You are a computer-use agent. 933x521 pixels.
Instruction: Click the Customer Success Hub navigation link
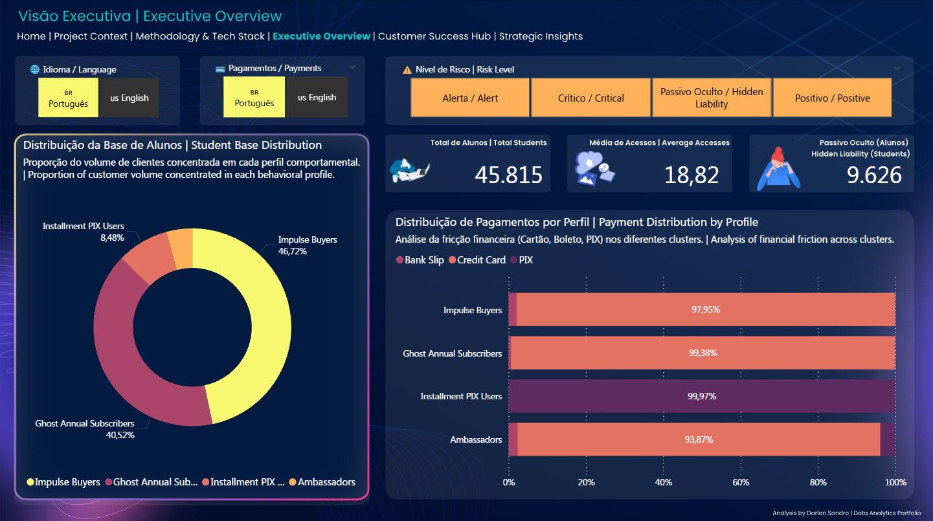pyautogui.click(x=434, y=36)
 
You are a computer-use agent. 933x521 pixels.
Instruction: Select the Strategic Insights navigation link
pyautogui.click(x=541, y=36)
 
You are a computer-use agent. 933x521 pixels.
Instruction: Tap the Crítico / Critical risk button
pyautogui.click(x=590, y=98)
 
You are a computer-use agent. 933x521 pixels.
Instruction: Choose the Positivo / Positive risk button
pyautogui.click(x=832, y=98)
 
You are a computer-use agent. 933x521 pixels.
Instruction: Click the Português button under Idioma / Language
pyautogui.click(x=68, y=98)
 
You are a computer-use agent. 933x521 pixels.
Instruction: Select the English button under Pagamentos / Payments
pyautogui.click(x=317, y=97)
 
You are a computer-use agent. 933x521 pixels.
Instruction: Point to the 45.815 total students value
pyautogui.click(x=508, y=175)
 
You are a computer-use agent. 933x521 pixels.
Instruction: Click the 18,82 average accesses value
pyautogui.click(x=691, y=175)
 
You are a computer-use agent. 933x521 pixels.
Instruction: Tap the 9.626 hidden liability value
pyautogui.click(x=874, y=175)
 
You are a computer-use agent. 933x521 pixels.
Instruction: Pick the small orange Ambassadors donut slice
pyautogui.click(x=181, y=249)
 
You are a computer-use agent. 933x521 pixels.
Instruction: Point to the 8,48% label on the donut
pyautogui.click(x=111, y=238)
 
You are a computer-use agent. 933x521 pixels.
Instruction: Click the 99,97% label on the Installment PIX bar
pyautogui.click(x=702, y=396)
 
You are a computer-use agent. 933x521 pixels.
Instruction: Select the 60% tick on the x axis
pyautogui.click(x=741, y=483)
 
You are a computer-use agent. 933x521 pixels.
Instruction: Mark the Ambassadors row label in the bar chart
pyautogui.click(x=476, y=439)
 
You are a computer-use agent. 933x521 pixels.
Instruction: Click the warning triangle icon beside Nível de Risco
pyautogui.click(x=407, y=70)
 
